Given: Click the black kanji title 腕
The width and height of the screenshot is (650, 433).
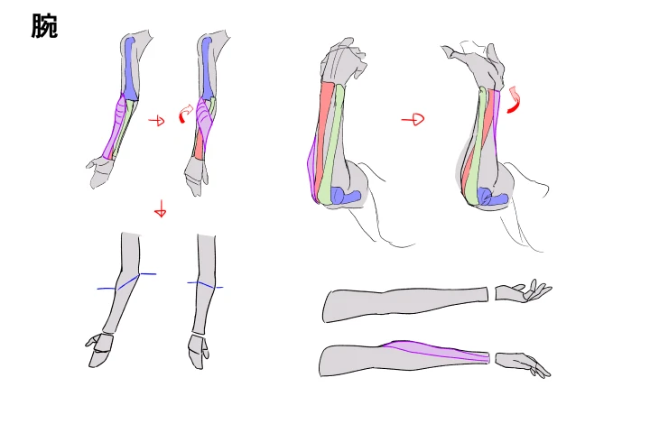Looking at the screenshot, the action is tap(44, 25).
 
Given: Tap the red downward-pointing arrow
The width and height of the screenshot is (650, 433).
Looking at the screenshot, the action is tap(161, 208).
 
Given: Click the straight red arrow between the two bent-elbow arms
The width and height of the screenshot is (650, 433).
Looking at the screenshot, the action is tap(413, 120).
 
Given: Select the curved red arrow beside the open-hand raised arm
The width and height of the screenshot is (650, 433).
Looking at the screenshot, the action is tap(514, 99).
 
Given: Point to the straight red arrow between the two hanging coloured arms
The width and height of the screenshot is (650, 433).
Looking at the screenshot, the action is tap(157, 121).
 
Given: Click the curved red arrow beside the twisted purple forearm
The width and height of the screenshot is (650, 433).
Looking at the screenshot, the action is tap(186, 113).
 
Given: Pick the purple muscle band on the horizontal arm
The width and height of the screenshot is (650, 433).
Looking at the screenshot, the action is tap(435, 351).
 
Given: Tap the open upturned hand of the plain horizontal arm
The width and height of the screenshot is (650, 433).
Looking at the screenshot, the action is tap(523, 290).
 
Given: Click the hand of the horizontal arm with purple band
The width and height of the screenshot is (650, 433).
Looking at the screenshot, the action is tap(523, 364).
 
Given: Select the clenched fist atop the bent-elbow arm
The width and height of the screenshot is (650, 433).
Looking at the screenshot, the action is tap(343, 61).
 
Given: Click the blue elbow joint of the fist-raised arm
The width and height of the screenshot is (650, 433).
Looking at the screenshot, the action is tap(346, 195).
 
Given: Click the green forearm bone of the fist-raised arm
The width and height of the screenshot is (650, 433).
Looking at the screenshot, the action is tap(333, 145).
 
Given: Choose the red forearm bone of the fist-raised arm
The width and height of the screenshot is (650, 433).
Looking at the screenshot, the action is tap(324, 137).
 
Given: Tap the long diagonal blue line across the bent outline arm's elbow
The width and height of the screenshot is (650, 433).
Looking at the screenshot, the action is tap(127, 281).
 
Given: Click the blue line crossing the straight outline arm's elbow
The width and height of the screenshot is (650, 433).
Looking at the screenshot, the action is tap(205, 285).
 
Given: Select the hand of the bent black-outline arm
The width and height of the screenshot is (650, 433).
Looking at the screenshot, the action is tap(99, 350).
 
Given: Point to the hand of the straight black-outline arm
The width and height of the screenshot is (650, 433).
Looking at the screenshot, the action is tap(198, 351).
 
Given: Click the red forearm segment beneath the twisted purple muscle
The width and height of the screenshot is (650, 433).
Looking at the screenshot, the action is tap(200, 147).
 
